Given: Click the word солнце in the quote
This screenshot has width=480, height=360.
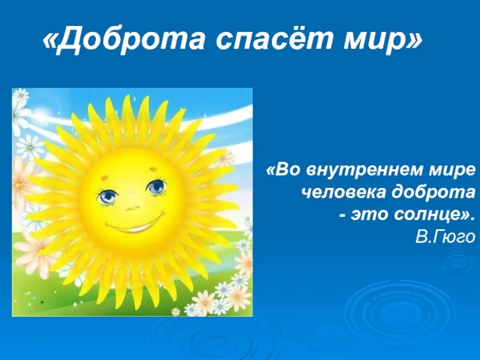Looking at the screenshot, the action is [428, 214].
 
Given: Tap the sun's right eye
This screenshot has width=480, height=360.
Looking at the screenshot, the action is [157, 186].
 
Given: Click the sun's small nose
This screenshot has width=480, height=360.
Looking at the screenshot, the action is [133, 209].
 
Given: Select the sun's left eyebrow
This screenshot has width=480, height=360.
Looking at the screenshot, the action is [104, 177].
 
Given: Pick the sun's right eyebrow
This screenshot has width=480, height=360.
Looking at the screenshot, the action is [152, 168].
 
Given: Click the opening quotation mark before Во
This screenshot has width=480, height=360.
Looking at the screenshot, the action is [271, 170].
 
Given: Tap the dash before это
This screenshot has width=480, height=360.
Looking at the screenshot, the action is [343, 216].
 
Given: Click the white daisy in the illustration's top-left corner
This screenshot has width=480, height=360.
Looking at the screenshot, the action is [21, 95].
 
